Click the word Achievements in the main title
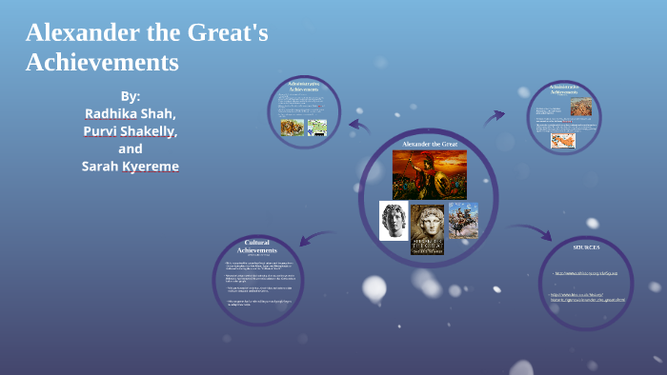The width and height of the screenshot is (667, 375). tap(102, 63)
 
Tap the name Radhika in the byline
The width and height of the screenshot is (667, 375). tap(112, 112)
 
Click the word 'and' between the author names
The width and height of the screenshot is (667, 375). tap(131, 148)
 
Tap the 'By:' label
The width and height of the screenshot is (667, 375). tap(131, 95)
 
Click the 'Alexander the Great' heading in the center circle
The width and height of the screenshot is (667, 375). tap(430, 144)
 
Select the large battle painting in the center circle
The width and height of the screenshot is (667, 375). tap(429, 174)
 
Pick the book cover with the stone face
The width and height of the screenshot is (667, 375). tap(428, 229)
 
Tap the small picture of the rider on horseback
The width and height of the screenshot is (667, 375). tap(463, 221)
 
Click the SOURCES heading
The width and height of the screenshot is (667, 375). tap(586, 247)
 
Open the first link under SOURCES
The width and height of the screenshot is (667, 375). tap(586, 273)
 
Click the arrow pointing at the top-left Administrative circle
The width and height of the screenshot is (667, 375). tap(359, 125)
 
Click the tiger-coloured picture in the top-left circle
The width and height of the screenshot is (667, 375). tap(292, 127)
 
